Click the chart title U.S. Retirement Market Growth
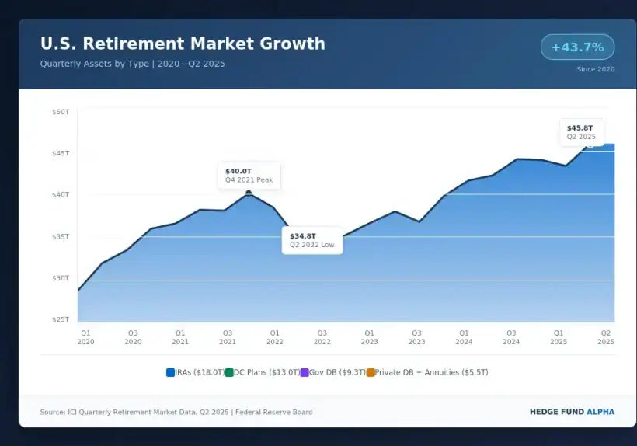coord(183,44)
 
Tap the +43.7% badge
coord(577,47)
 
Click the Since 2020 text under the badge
coord(595,69)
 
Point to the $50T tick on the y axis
coord(61,112)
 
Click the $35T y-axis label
coord(61,236)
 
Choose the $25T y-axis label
coord(61,319)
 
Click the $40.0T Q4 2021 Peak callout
coord(249,175)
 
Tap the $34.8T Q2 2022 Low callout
coord(312,239)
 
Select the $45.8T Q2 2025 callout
coord(581,131)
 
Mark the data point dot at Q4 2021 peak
coord(249,193)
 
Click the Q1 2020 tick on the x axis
coord(85,336)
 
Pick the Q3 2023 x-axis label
coord(416,336)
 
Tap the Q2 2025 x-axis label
coord(606,336)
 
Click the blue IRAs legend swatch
coord(170,372)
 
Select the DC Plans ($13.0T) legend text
coord(266,372)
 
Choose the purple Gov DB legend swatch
coord(305,372)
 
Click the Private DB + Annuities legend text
coord(432,372)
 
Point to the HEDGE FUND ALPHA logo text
coord(571,412)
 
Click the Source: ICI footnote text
coord(176,412)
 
